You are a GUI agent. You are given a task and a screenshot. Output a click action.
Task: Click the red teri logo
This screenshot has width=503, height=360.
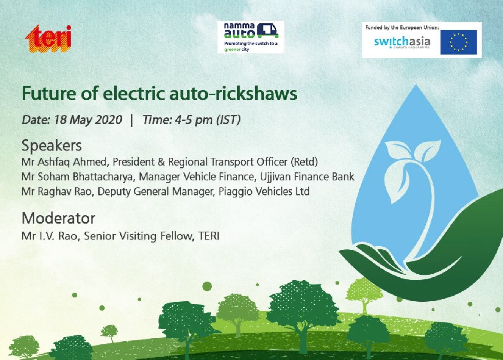click(x=48, y=39)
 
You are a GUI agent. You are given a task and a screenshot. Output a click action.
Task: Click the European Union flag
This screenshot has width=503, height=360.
click(x=458, y=42)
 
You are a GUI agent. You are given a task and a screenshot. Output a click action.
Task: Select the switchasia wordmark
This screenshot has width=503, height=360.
click(x=402, y=42)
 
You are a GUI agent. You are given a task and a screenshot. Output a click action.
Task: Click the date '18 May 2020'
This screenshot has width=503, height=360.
click(x=88, y=120)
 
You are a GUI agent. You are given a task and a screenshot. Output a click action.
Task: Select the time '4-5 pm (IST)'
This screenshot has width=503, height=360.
click(x=208, y=120)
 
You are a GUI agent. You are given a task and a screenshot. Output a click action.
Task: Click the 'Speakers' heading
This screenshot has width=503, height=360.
click(x=52, y=146)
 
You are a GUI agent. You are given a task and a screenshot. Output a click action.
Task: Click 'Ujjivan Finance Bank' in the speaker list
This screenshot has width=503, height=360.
click(x=307, y=177)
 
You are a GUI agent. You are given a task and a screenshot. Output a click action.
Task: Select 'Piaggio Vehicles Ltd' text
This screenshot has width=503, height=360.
click(x=264, y=191)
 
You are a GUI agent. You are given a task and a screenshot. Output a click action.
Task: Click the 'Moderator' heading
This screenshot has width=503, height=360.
click(x=58, y=218)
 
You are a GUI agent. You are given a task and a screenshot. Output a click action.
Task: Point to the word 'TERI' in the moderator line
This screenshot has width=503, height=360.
click(x=209, y=236)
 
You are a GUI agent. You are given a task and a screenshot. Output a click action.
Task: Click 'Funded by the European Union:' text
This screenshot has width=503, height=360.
click(x=402, y=27)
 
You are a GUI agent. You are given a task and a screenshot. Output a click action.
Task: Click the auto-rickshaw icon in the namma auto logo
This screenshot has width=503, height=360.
click(x=267, y=31)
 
